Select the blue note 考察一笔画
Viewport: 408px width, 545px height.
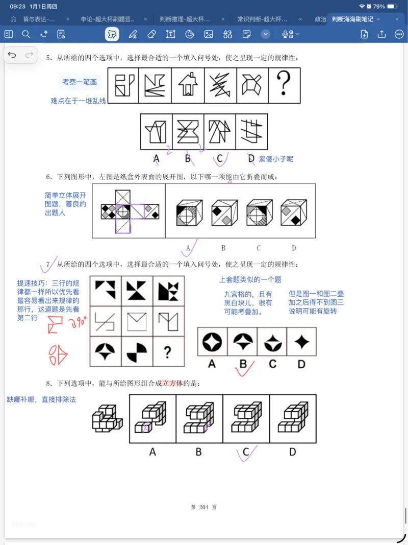[x=80, y=82]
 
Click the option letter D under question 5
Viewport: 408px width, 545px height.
[x=251, y=159]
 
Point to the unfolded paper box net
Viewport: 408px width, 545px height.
[x=130, y=210]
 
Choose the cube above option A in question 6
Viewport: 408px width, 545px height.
[x=189, y=212]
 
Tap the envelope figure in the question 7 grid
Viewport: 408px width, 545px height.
[x=137, y=320]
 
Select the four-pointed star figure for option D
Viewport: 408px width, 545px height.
[x=302, y=342]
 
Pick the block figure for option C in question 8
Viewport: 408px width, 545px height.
[x=246, y=418]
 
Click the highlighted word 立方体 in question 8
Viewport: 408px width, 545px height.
[x=172, y=383]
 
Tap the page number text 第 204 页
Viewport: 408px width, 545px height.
[x=203, y=507]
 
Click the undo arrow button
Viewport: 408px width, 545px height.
[x=12, y=55]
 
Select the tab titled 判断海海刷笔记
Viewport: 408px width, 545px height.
[x=352, y=19]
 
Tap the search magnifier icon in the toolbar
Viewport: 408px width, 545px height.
[x=26, y=34]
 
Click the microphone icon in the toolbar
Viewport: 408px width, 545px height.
[x=287, y=34]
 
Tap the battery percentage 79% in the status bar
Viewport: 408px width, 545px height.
[x=379, y=7]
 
